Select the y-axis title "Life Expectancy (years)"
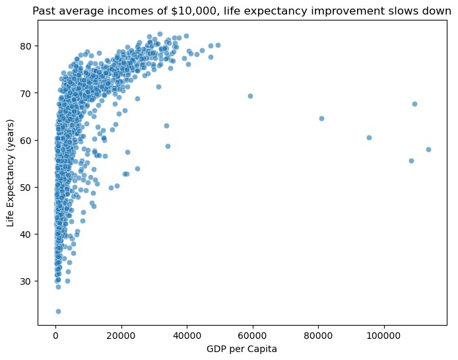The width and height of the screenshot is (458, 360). (x=11, y=173)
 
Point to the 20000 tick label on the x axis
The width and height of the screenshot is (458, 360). (x=121, y=335)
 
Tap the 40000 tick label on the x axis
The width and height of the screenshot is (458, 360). (x=187, y=335)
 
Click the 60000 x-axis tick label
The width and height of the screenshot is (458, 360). (x=252, y=335)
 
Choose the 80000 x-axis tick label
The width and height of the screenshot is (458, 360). (x=318, y=335)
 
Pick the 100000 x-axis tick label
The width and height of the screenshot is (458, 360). (x=383, y=335)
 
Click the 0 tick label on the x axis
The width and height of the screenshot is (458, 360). (x=55, y=335)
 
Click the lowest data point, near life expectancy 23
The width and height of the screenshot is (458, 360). (x=58, y=311)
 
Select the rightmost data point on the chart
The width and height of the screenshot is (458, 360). (x=428, y=149)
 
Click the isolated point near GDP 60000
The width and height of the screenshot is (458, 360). (x=250, y=96)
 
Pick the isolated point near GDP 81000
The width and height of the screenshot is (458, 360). (x=321, y=118)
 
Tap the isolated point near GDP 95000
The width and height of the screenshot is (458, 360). (x=369, y=137)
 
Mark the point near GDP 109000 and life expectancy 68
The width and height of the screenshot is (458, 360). (x=414, y=104)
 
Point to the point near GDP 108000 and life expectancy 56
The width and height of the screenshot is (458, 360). (x=411, y=161)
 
